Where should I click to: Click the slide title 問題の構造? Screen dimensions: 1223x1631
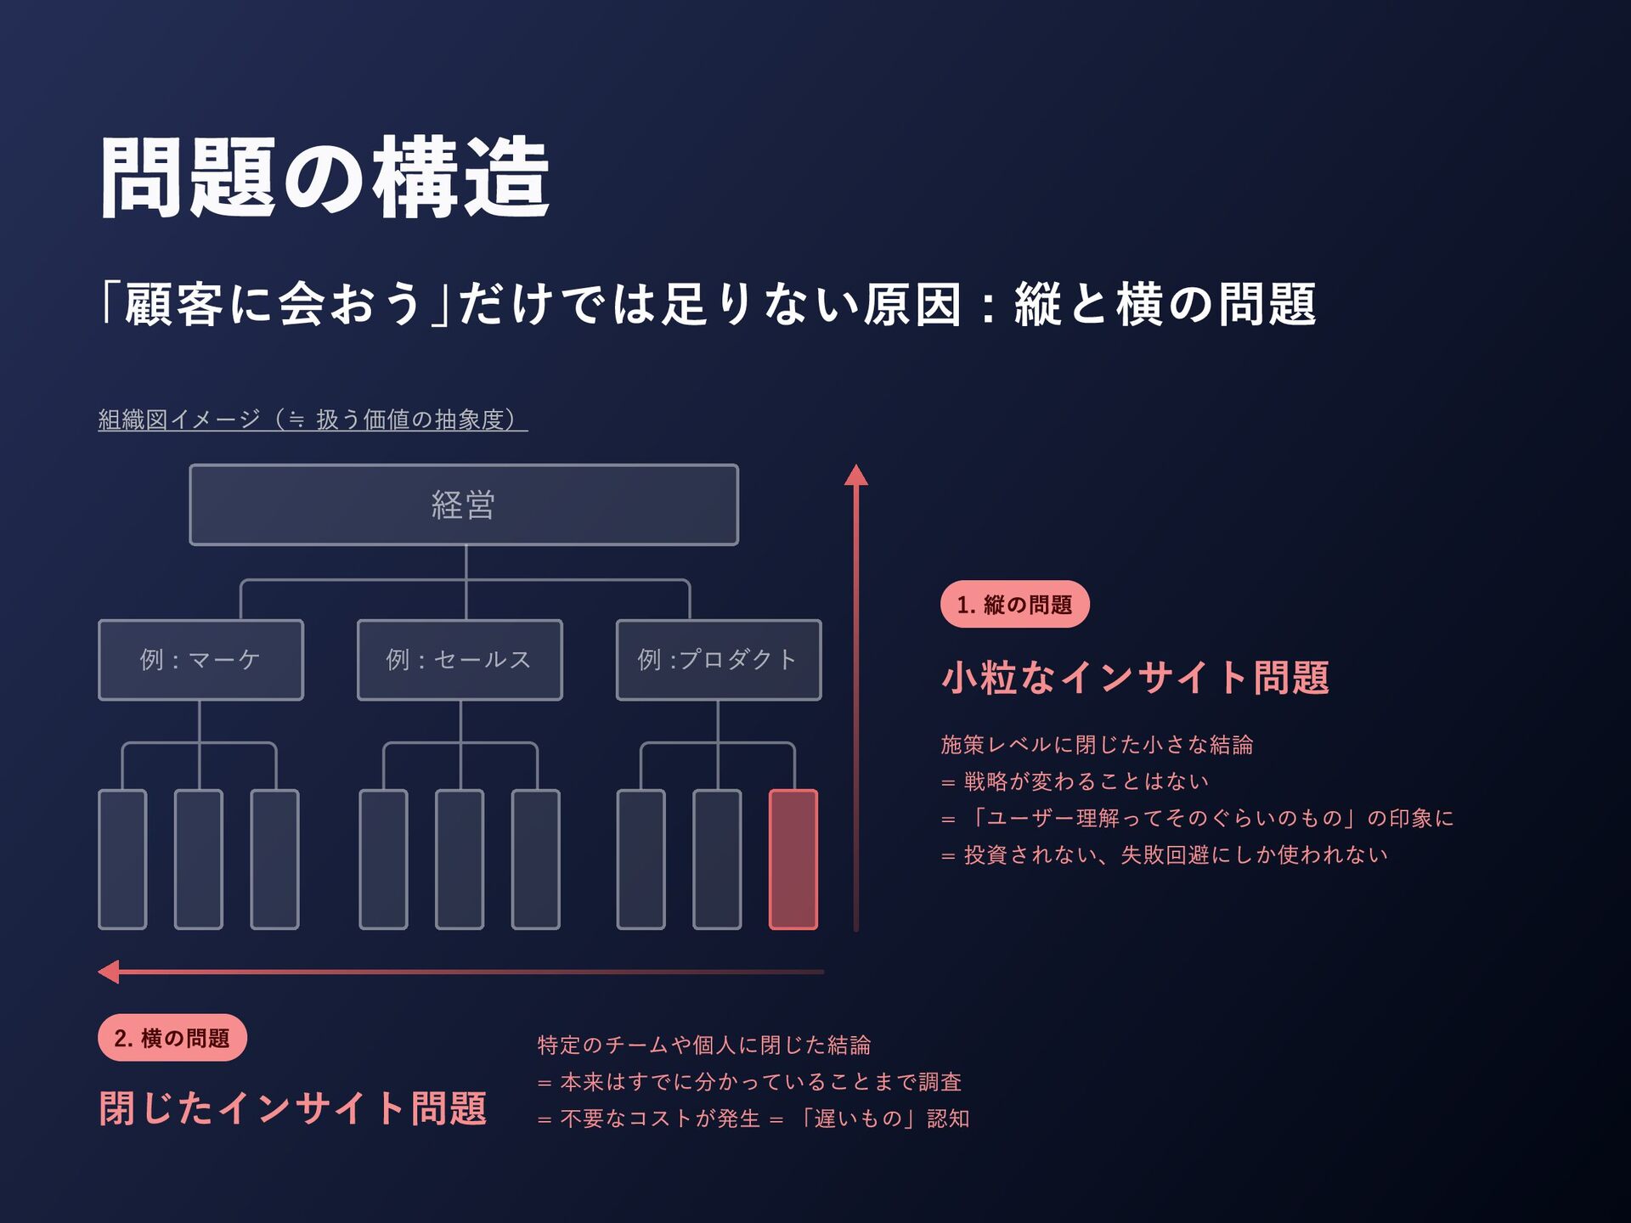[325, 178]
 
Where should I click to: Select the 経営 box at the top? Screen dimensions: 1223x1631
[464, 504]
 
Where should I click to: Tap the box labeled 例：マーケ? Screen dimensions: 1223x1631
[200, 660]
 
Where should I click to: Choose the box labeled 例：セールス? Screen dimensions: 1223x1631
[460, 660]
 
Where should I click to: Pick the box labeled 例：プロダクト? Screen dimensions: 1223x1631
[719, 660]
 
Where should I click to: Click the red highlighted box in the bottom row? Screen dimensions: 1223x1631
[793, 859]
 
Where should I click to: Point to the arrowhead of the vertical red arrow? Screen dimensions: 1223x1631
[856, 475]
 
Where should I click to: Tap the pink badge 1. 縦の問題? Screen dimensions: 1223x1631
[1014, 605]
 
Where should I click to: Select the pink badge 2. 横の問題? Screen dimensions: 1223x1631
[172, 1038]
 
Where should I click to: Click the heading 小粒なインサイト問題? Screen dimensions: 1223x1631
[1135, 678]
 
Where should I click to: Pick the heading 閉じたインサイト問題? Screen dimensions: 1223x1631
[293, 1108]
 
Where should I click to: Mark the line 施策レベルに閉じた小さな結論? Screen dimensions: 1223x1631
[1097, 745]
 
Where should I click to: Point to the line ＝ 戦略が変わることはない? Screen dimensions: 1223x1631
[1075, 781]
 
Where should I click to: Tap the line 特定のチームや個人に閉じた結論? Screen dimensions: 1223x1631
[704, 1045]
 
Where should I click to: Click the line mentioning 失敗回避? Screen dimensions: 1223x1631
[1164, 854]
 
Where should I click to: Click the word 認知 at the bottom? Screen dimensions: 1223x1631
[948, 1119]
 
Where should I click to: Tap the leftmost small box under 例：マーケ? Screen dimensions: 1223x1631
[122, 859]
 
